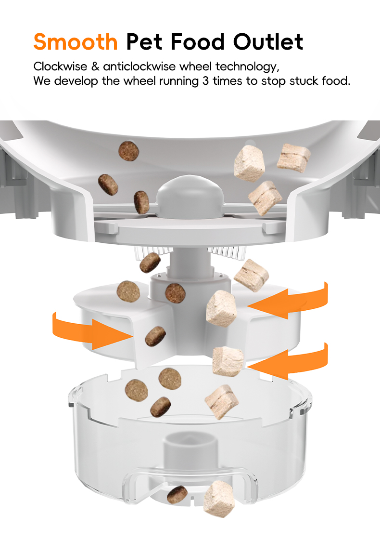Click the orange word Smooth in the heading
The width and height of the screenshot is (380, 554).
76,42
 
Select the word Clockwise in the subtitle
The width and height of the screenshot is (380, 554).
59,66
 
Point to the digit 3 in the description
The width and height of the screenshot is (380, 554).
205,80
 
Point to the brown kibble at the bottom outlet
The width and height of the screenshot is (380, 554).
177,494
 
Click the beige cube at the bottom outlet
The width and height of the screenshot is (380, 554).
219,497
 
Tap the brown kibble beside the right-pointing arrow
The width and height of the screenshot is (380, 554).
155,336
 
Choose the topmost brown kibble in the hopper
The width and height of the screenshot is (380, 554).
129,151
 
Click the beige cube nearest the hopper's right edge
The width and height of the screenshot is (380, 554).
293,157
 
